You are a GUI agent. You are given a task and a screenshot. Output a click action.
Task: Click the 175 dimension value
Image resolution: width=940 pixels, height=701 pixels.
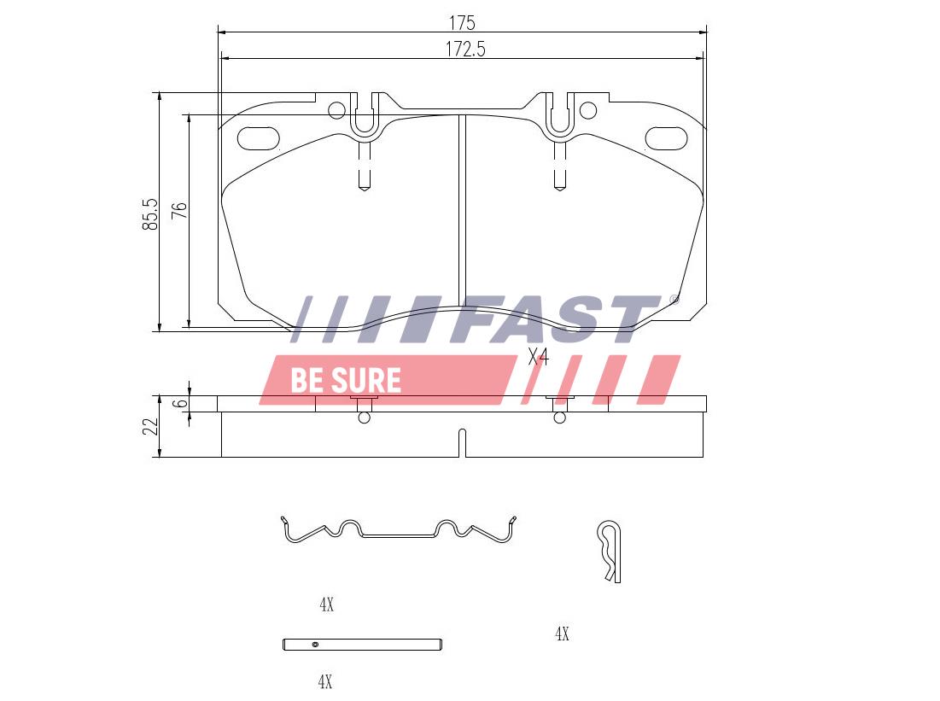coord(462,23)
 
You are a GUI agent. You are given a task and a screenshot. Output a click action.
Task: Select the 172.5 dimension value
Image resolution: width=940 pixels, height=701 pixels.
coord(465,50)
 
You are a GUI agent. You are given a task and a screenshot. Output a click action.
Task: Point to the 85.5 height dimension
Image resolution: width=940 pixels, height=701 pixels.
coord(150,214)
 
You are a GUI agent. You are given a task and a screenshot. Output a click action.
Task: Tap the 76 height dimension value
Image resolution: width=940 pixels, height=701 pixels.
coord(180,211)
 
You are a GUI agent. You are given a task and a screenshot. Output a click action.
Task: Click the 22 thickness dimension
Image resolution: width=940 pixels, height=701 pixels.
coord(150,426)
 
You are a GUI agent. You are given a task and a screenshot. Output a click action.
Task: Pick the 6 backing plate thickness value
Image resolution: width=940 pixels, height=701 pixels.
coord(180,404)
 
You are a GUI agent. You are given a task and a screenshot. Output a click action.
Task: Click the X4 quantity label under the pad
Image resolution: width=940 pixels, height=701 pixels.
coord(539,357)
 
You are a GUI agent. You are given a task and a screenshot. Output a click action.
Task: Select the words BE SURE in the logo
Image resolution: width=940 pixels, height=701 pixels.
coord(346,380)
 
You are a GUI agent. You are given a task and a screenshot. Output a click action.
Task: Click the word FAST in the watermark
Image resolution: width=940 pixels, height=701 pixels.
coord(561,319)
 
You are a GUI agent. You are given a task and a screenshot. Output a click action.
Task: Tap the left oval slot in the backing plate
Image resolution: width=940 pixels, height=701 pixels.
coord(259,138)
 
